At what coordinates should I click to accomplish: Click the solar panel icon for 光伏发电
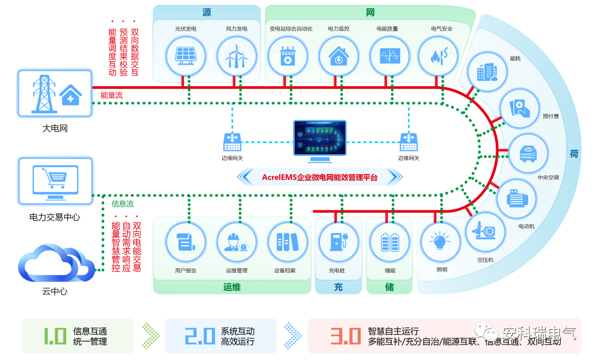point(186,55)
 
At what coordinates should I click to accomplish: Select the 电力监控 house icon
point(338,55)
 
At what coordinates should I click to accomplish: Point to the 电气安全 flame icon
point(438,55)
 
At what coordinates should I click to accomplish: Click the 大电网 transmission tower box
point(55,93)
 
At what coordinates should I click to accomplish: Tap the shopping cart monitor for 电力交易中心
point(55,179)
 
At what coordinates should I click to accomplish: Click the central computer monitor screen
point(320,139)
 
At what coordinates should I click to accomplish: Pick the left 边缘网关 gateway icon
point(232,142)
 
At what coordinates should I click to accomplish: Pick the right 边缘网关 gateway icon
point(408,142)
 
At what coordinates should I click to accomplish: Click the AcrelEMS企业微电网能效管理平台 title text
point(320,177)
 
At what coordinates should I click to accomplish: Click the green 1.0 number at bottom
point(55,336)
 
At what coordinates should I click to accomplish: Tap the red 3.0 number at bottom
point(345,336)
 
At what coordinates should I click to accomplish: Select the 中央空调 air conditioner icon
point(528,153)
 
